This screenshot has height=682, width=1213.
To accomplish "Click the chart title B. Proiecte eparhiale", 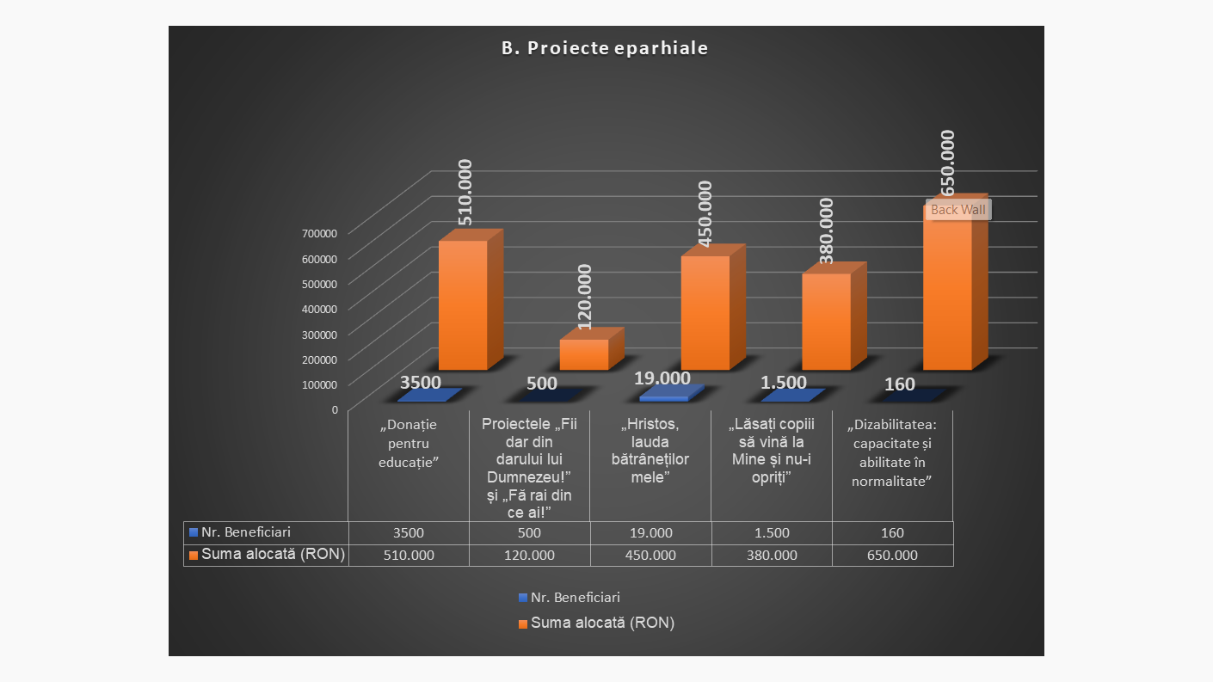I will [605, 48].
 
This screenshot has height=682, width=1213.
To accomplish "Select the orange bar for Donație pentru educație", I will [463, 305].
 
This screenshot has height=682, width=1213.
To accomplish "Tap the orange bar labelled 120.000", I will [583, 354].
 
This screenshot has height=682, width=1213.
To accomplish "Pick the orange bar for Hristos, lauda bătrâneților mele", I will [705, 313].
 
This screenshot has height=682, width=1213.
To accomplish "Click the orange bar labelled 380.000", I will [826, 322].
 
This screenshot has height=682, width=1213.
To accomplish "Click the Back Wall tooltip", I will [957, 210].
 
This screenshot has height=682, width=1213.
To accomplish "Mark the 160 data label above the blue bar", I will [900, 384].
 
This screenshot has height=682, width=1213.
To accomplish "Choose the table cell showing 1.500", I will [772, 533].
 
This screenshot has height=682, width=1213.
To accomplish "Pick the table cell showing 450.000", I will [650, 555].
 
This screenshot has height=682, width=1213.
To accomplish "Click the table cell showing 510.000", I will [409, 555].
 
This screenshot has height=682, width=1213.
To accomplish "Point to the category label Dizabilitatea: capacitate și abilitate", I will [892, 453].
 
